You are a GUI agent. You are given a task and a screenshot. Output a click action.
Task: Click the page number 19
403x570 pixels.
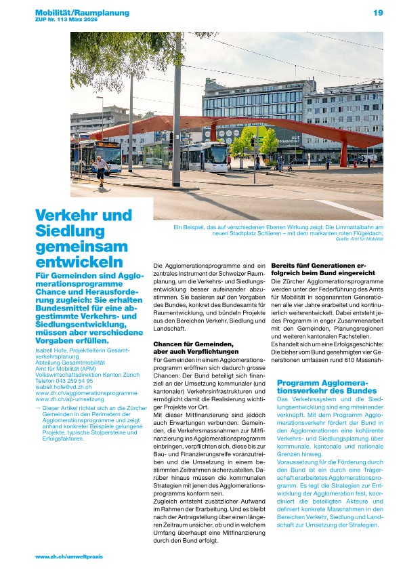click(377, 13)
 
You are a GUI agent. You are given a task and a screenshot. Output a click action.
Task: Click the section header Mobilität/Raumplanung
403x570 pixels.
click(82, 13)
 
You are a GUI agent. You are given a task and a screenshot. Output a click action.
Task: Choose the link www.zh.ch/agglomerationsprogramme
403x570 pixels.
click(86, 393)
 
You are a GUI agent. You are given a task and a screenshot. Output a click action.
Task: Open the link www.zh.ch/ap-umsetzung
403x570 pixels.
click(69, 399)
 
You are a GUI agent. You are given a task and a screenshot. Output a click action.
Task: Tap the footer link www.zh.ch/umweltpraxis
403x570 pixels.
click(69, 556)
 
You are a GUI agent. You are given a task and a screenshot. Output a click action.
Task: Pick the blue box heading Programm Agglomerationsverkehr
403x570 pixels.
click(327, 387)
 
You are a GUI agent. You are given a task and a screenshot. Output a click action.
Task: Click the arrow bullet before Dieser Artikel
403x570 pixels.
click(38, 408)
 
